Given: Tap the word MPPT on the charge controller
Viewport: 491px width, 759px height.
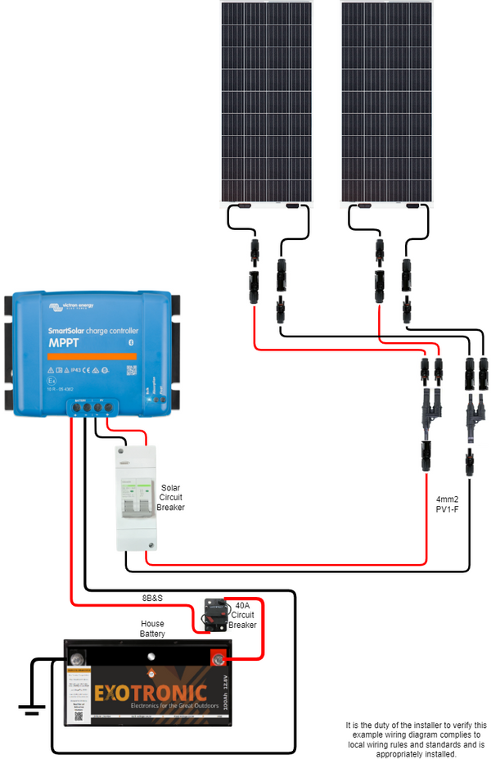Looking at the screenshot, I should coord(64,343).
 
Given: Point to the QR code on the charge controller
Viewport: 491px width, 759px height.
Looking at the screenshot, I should coord(132,370).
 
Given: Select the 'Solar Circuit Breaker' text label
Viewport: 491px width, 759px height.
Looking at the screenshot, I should coord(171,497).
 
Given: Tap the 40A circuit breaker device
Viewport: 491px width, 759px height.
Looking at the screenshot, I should coord(218,614).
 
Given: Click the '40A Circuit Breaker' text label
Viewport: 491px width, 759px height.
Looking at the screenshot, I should coord(243,615).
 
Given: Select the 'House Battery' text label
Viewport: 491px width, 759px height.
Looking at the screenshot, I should coord(151,629).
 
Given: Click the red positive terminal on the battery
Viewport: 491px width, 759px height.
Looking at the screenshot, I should coord(218,657).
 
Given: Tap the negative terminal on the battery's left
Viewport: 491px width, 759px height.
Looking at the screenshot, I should coord(78,657).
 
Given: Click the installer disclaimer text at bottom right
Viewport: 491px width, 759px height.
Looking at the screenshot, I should coord(415,739).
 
